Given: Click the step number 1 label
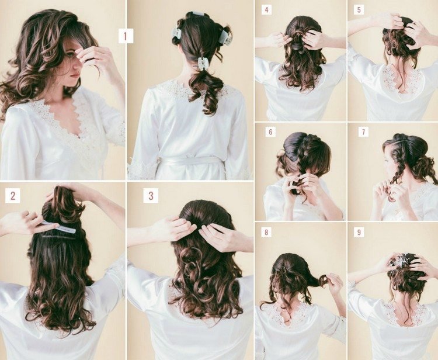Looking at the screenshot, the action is click(126, 36).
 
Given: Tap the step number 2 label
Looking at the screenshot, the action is click(13, 195).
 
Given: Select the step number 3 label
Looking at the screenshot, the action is click(151, 195).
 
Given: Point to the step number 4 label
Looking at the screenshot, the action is click(266, 10).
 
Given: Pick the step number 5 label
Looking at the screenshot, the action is click(359, 10).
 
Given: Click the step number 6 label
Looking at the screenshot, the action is click(270, 131).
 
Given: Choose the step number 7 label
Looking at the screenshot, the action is click(363, 131).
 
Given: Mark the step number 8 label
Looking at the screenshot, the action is click(266, 232).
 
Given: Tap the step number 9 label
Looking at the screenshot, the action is click(359, 232).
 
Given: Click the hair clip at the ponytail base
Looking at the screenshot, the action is click(203, 64).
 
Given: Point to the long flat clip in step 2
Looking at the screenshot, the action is click(58, 227).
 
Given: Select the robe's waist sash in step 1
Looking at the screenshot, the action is click(190, 161).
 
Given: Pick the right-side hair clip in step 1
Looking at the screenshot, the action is click(225, 37).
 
